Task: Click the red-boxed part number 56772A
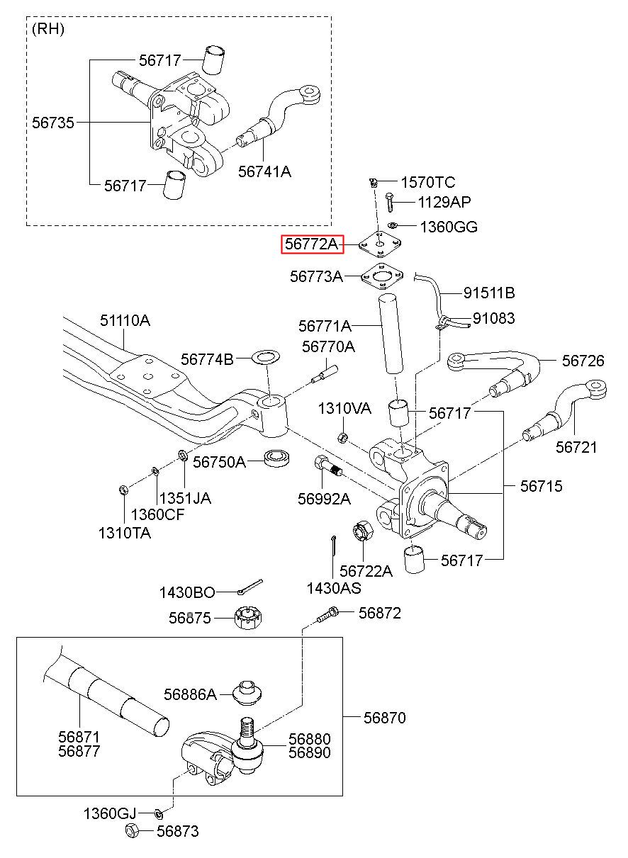click(312, 244)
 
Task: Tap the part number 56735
click(52, 123)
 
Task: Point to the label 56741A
click(264, 171)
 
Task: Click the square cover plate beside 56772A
click(380, 245)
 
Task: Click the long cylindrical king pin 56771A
click(389, 334)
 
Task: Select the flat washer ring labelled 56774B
click(264, 356)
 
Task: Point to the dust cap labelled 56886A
click(247, 692)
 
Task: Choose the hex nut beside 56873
click(132, 831)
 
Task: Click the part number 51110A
click(124, 321)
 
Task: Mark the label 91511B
click(489, 293)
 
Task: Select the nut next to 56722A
click(361, 531)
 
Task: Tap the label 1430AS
click(333, 587)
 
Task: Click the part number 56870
click(385, 718)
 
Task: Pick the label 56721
click(576, 447)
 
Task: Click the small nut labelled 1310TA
click(122, 489)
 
